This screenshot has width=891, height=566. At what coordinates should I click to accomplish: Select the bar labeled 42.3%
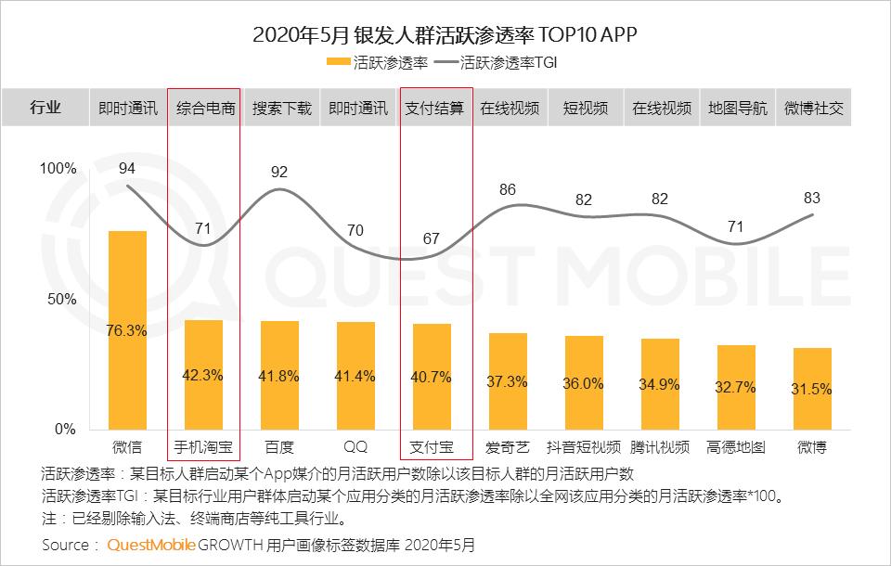click(x=203, y=375)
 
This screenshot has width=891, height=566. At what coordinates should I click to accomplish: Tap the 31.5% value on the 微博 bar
click(x=812, y=390)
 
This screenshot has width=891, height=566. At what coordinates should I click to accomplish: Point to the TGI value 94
click(x=127, y=168)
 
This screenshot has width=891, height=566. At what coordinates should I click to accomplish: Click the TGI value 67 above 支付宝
click(x=431, y=238)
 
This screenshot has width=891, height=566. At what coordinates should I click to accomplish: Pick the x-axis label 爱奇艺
click(x=508, y=447)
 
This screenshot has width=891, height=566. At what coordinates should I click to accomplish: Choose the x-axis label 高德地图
click(x=736, y=447)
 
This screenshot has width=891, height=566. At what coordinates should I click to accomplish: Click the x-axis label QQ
click(x=355, y=447)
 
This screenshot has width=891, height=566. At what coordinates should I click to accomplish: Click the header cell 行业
click(x=45, y=108)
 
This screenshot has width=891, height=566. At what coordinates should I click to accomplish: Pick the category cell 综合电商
click(x=205, y=108)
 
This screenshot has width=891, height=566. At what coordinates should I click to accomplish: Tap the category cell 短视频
click(x=585, y=108)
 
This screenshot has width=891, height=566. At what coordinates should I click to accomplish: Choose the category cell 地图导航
click(x=737, y=108)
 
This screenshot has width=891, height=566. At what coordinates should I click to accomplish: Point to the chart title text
click(x=445, y=35)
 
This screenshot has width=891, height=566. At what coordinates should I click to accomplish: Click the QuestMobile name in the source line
click(x=151, y=545)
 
